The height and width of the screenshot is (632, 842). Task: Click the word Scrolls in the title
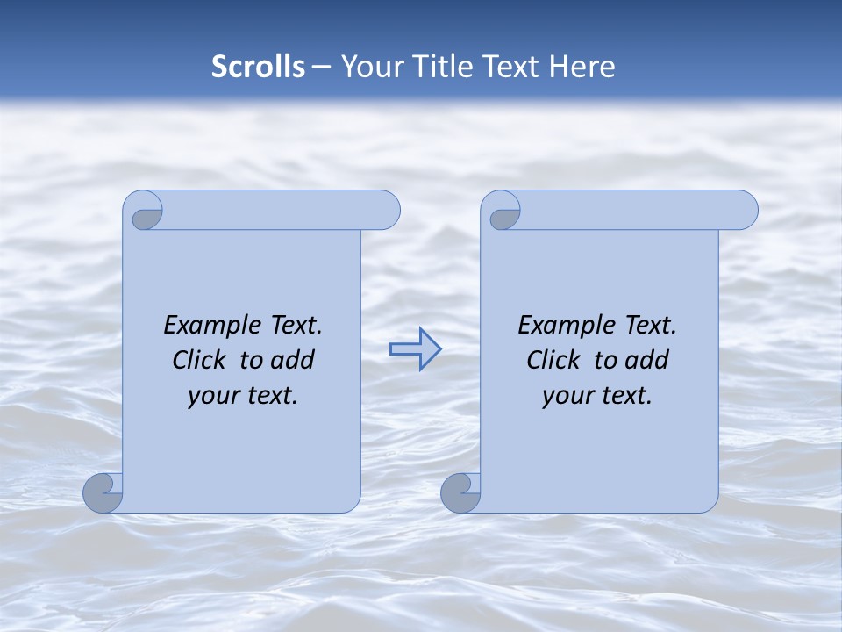pyautogui.click(x=258, y=67)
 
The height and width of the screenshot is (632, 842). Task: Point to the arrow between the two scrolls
pyautogui.click(x=415, y=349)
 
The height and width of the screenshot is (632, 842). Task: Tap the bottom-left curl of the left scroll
pyautogui.click(x=103, y=493)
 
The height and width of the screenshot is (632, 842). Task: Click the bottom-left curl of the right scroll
pyautogui.click(x=460, y=493)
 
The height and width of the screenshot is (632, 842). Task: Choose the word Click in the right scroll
pyautogui.click(x=553, y=360)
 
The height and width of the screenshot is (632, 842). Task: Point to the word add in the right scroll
pyautogui.click(x=647, y=360)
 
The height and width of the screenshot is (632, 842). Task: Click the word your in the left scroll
pyautogui.click(x=211, y=396)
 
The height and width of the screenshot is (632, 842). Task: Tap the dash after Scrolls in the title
pyautogui.click(x=321, y=67)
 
